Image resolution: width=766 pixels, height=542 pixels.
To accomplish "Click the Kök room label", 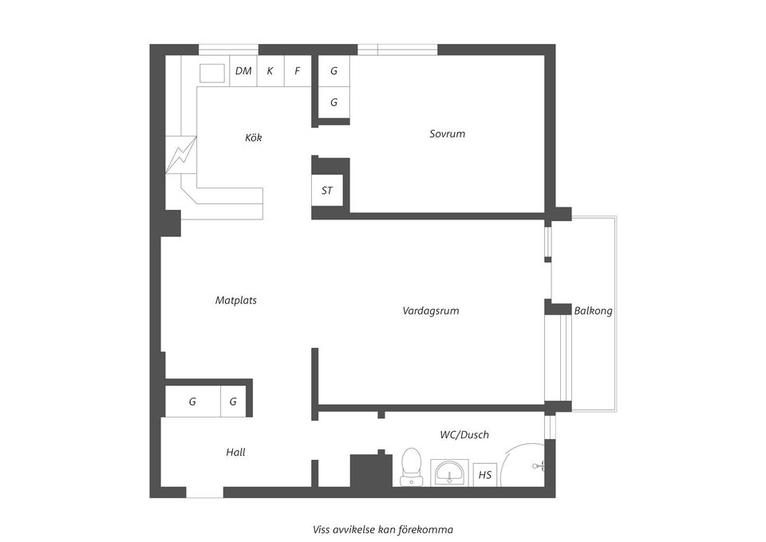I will [253, 138].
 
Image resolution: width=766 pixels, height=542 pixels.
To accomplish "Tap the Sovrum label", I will [447, 134].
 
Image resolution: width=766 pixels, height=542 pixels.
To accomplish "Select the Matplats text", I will [236, 301].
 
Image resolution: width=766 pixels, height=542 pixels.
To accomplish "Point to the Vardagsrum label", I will [431, 311].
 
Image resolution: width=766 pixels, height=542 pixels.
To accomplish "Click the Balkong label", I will [594, 311].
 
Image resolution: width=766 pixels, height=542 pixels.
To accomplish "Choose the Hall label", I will [235, 453].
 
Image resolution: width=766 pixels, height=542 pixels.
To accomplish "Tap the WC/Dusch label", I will [464, 435].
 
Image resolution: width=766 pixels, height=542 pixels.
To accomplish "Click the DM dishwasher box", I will [243, 71].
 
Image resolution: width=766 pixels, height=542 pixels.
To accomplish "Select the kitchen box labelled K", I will [270, 71].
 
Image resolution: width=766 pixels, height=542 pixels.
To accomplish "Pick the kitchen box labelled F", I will [298, 71].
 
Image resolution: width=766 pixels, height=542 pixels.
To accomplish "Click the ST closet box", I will [327, 191].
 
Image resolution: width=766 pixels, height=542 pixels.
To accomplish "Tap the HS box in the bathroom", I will [485, 475].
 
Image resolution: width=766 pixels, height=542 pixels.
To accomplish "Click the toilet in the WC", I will [412, 465].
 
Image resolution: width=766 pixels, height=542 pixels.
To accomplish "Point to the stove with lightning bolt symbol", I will [180, 154].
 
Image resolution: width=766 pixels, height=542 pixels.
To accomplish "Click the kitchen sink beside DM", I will [211, 73].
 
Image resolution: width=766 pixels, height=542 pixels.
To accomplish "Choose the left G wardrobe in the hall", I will [192, 402].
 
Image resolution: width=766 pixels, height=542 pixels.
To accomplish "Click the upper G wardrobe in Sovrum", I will [334, 71].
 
